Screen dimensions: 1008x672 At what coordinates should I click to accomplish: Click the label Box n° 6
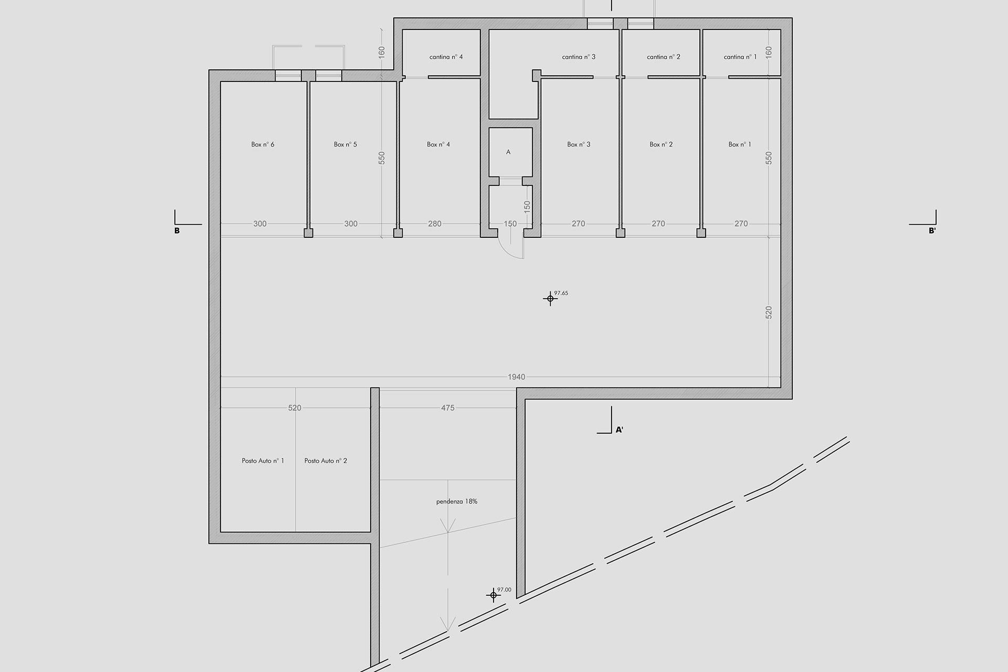tap(262, 144)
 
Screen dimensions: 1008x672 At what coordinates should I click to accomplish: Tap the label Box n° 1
tap(740, 144)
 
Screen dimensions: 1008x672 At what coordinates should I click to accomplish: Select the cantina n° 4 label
tap(446, 57)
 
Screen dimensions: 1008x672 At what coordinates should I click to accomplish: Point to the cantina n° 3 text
tap(579, 57)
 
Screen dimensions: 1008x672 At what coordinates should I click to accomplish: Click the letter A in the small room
tap(508, 152)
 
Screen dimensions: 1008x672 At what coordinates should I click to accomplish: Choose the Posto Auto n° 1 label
tap(262, 461)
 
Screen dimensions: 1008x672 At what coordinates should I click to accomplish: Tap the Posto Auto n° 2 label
tap(325, 461)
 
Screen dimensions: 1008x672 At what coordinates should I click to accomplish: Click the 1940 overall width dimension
tap(517, 377)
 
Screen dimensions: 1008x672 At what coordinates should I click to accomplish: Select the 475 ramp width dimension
tap(448, 408)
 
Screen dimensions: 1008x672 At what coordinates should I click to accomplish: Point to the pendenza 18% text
tap(457, 502)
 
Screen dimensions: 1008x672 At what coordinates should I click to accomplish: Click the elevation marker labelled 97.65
tap(550, 299)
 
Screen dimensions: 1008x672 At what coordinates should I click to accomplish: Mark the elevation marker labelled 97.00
tap(493, 595)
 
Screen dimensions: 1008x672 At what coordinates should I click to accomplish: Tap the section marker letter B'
tap(932, 230)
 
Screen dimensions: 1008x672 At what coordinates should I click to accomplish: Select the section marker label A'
tap(619, 430)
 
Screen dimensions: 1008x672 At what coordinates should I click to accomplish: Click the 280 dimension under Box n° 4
tap(435, 224)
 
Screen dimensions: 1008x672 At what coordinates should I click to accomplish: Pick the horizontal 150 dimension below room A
tap(510, 224)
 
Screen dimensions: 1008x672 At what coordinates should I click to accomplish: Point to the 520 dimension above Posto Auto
tap(295, 408)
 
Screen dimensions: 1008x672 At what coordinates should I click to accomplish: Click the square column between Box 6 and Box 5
tap(309, 233)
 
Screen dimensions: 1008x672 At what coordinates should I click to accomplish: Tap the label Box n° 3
tap(579, 144)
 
